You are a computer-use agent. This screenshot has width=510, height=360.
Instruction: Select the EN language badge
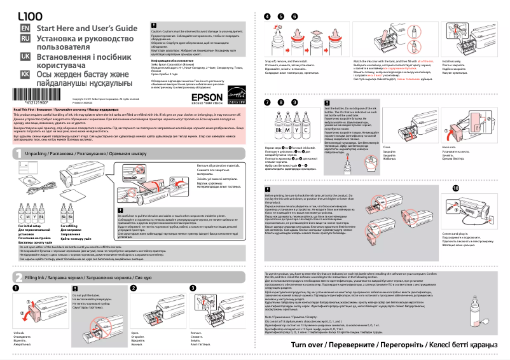(25, 29)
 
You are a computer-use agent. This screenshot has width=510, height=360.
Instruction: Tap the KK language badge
(25, 74)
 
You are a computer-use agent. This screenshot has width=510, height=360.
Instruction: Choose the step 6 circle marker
(294, 16)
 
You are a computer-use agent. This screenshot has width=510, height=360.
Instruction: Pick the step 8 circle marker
(281, 102)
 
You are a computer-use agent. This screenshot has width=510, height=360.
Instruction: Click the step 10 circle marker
(455, 189)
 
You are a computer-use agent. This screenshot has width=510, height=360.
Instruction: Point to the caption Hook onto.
(459, 147)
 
